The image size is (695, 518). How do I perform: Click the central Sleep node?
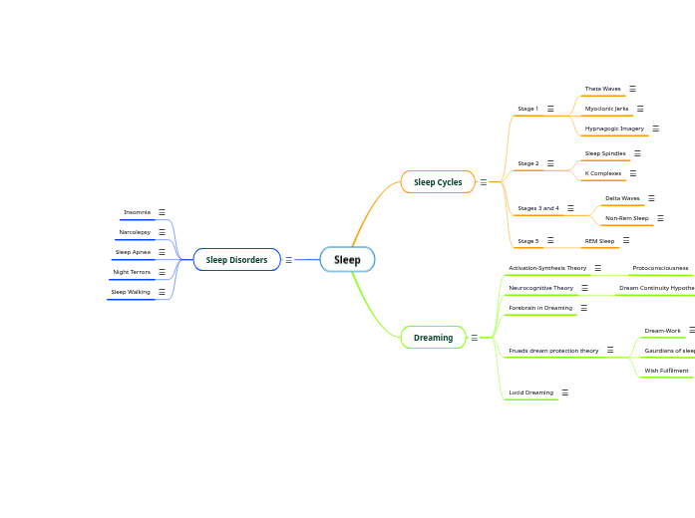click(347, 260)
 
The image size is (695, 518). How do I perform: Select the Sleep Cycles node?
click(438, 182)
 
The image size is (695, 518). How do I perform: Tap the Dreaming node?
click(433, 338)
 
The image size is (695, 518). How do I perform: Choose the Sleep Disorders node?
click(236, 260)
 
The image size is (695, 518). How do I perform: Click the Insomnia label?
click(137, 212)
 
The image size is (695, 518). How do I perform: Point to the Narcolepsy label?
click(135, 232)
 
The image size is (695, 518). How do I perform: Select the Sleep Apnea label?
click(133, 252)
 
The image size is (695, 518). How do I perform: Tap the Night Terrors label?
click(132, 272)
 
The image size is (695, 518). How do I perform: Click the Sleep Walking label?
click(131, 292)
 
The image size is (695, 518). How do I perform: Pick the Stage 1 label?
click(527, 109)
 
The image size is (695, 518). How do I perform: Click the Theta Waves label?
click(602, 89)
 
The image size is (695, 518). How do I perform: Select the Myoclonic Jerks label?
click(606, 109)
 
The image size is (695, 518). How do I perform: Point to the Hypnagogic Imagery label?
click(614, 129)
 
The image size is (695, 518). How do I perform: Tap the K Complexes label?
click(602, 173)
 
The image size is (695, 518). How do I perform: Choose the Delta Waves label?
click(622, 198)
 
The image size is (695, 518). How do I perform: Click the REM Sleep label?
click(599, 241)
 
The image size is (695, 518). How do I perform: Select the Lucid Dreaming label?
click(530, 392)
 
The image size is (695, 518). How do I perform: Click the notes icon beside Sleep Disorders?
click(289, 260)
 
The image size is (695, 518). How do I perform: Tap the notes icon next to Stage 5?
click(550, 241)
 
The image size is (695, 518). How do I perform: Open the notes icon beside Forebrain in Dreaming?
click(584, 308)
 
